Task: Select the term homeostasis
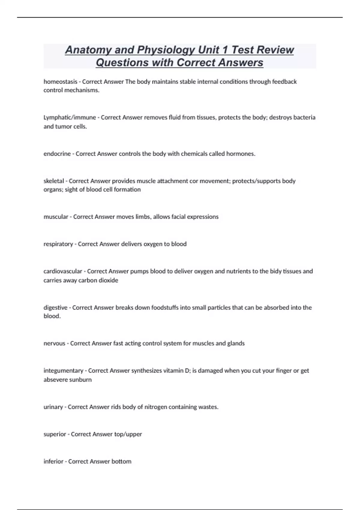(60, 82)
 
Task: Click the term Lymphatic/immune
(70, 118)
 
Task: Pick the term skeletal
(54, 181)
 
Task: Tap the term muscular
(56, 217)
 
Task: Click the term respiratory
(58, 244)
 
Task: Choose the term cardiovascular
(63, 271)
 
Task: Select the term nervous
(54, 343)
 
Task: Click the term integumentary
(63, 371)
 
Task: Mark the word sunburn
(81, 380)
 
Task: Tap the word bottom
(121, 461)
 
